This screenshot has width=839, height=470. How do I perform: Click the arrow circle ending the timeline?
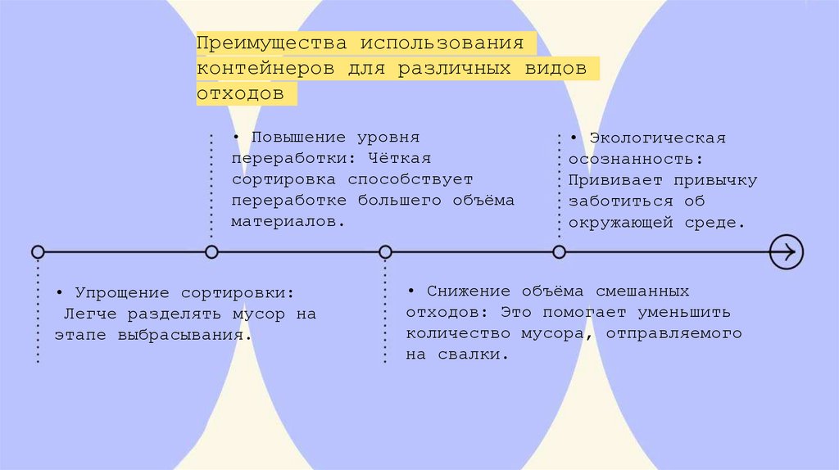[x=787, y=251]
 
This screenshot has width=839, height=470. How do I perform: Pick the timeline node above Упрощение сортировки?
[x=38, y=251]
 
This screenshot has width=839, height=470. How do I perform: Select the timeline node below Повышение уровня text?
[x=211, y=251]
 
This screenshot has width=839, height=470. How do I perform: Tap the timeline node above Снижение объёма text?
[x=385, y=251]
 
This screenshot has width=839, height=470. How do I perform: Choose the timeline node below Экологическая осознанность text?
[x=559, y=251]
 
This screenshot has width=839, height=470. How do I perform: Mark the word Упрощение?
[x=122, y=292]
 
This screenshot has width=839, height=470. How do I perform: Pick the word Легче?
[x=88, y=314]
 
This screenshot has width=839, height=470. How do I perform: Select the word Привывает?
[x=608, y=180]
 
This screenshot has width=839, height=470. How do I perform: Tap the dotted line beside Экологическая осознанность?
[x=560, y=184]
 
